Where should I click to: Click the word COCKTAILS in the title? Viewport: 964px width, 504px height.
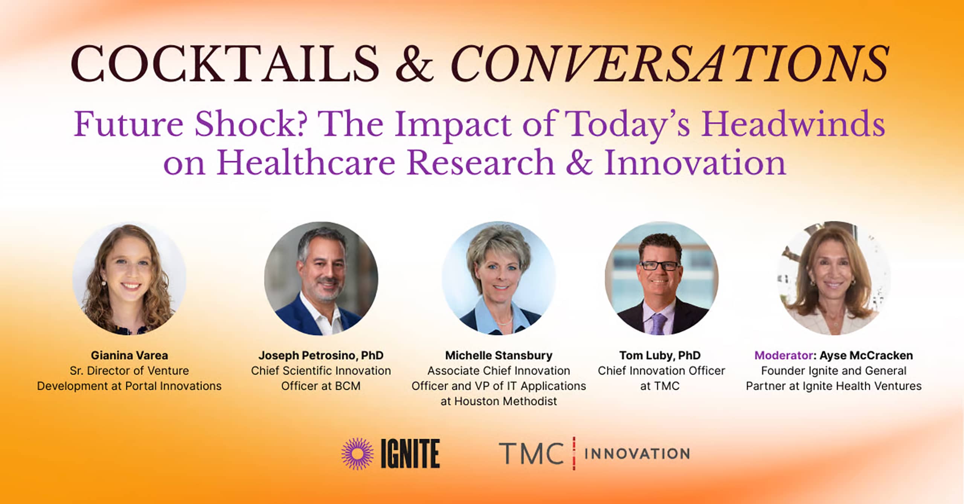tap(225, 63)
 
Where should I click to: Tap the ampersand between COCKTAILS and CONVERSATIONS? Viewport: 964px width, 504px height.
tap(415, 63)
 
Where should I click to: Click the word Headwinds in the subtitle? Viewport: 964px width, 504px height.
tap(793, 124)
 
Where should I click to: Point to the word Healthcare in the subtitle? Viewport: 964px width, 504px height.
tap(306, 162)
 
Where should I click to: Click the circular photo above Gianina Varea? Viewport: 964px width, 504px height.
tap(129, 278)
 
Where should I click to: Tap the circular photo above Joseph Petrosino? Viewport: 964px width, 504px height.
tap(321, 278)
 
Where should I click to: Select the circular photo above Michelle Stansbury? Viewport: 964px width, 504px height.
tap(499, 278)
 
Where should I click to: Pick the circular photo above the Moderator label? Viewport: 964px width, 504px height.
tap(834, 278)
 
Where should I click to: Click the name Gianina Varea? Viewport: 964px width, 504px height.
tap(130, 355)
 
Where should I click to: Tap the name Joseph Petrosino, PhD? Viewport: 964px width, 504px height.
tap(321, 355)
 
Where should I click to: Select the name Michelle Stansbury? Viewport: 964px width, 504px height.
tap(499, 355)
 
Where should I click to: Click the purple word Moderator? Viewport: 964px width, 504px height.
tap(784, 355)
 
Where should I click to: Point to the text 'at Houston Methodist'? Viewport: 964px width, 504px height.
tap(499, 401)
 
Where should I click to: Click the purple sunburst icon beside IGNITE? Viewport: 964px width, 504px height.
tap(357, 454)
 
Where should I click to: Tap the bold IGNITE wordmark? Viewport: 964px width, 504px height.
tap(410, 454)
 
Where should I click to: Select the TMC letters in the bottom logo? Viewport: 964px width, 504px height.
tap(531, 454)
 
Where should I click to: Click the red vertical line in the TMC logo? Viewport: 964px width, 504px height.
tap(574, 454)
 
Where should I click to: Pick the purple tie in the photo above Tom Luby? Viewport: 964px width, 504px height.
tap(659, 324)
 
